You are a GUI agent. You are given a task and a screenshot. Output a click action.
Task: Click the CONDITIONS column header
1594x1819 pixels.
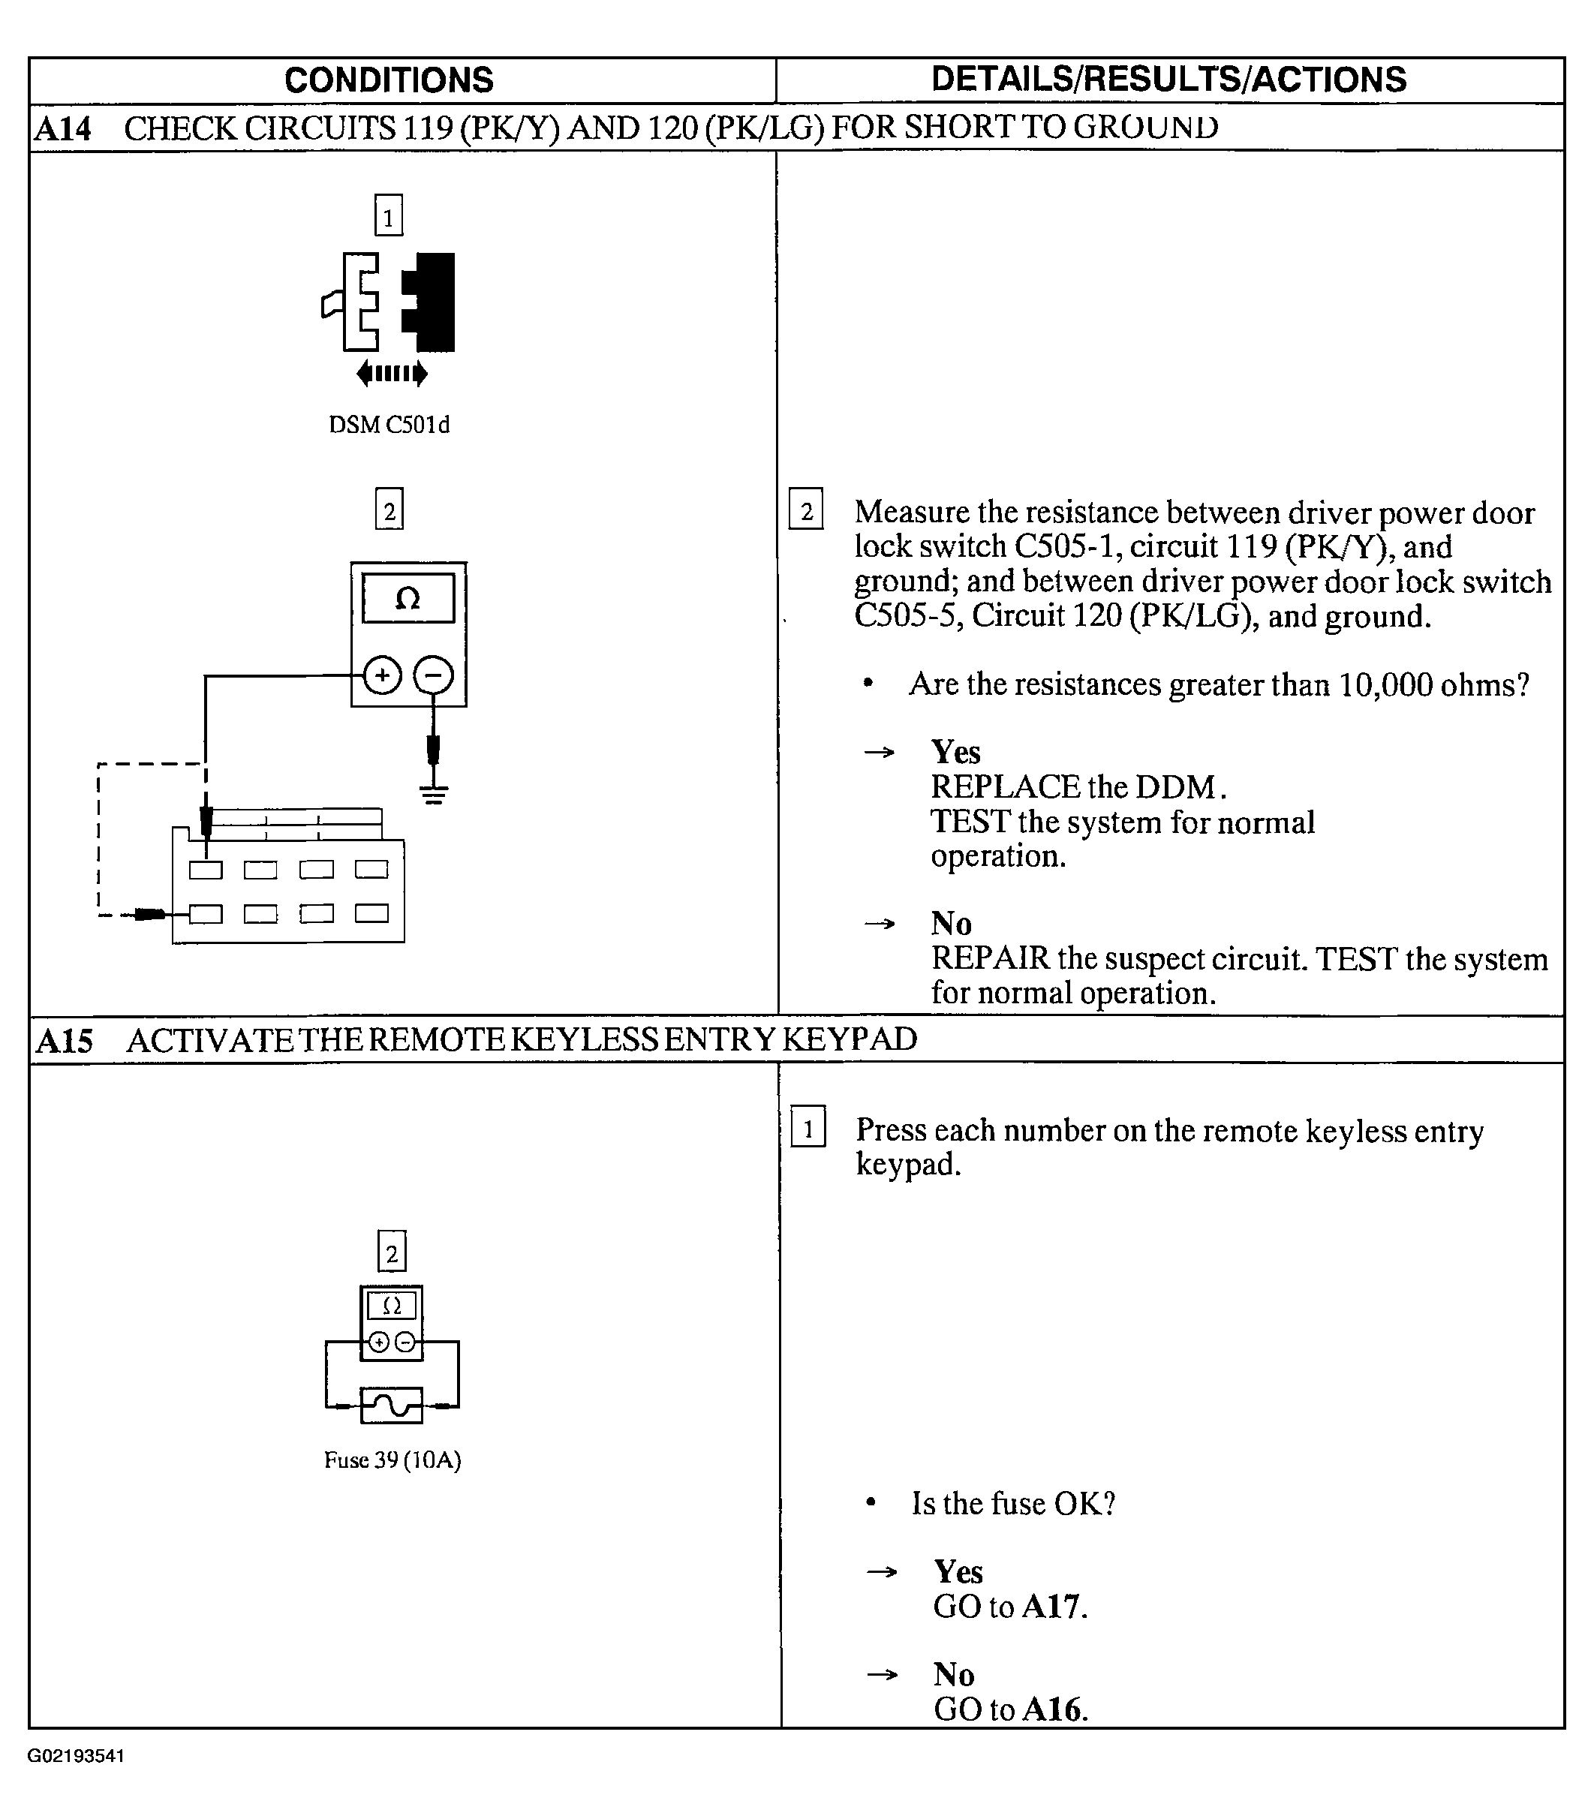click(389, 80)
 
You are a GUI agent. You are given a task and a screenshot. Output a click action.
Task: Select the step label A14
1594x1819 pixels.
click(63, 129)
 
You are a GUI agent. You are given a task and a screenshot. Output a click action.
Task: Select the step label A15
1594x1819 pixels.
click(64, 1040)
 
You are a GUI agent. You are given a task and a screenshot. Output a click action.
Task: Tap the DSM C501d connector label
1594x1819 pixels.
click(389, 425)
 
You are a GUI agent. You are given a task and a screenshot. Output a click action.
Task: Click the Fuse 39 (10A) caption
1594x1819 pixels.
click(392, 1460)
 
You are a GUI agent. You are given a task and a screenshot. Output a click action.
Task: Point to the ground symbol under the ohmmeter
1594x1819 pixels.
click(434, 792)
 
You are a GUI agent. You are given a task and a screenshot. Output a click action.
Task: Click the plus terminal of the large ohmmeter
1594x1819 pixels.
click(383, 675)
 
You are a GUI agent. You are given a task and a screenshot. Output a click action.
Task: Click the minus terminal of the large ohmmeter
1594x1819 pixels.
click(433, 675)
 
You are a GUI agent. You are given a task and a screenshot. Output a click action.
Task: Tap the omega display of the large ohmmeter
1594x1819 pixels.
click(408, 598)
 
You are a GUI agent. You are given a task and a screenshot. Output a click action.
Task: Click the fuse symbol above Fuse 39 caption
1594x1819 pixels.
click(392, 1406)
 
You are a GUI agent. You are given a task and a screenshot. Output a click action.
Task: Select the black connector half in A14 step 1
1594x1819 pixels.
click(429, 302)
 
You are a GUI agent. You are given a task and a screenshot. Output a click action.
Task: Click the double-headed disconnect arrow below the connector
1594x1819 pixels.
click(392, 374)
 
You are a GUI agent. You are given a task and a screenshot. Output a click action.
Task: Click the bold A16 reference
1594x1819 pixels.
click(1052, 1709)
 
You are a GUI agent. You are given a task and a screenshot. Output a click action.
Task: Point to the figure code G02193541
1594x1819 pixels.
click(76, 1756)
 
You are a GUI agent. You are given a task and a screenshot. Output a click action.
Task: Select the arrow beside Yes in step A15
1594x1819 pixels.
click(882, 1571)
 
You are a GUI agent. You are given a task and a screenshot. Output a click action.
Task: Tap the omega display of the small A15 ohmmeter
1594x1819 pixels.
click(392, 1306)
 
